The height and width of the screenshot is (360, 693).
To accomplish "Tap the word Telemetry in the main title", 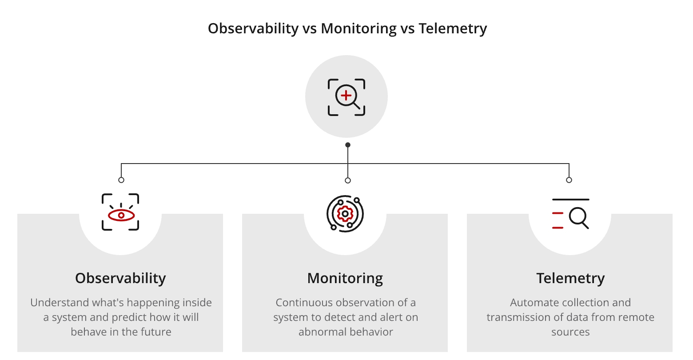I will coord(453,28).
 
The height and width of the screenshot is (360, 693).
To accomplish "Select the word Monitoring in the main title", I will coord(358,28).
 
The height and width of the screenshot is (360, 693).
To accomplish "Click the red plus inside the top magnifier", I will coord(346,95).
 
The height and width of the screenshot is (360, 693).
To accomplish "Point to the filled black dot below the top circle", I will coord(348,145).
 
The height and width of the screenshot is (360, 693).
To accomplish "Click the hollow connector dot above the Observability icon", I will coord(121,180).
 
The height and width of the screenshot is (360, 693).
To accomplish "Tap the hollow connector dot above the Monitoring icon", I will coord(348,180).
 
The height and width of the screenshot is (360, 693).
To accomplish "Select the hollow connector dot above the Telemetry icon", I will coord(569,180).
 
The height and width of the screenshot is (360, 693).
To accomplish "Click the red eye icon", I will coord(121,215).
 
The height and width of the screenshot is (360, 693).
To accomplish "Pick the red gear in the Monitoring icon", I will coord(345,214).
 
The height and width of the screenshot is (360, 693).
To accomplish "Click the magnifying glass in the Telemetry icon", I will coord(579,218).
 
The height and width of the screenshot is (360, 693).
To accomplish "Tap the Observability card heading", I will coord(120,278).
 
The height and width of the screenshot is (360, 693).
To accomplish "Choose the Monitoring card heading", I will coord(345,278).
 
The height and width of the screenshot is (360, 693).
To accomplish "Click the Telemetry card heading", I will coord(570,278).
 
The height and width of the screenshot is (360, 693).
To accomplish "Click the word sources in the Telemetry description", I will coord(570,332).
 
